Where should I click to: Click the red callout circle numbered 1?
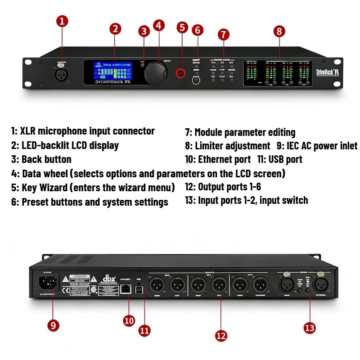63,21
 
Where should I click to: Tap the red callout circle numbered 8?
279,31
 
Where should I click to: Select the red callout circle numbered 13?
310,328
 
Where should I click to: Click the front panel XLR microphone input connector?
61,74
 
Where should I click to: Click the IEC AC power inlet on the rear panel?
49,283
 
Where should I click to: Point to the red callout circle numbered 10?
129,320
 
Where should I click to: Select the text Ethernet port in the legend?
224,159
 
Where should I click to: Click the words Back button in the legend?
46,159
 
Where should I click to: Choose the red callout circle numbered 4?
159,25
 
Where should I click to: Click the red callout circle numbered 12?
221,335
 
